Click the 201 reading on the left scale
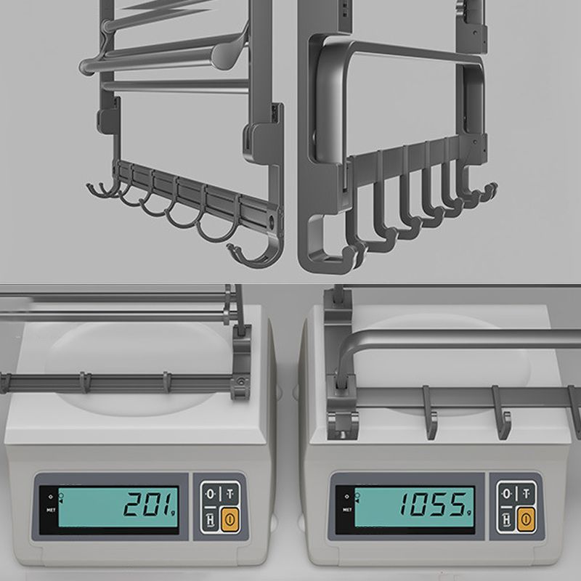[148, 503]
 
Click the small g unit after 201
[176, 506]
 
